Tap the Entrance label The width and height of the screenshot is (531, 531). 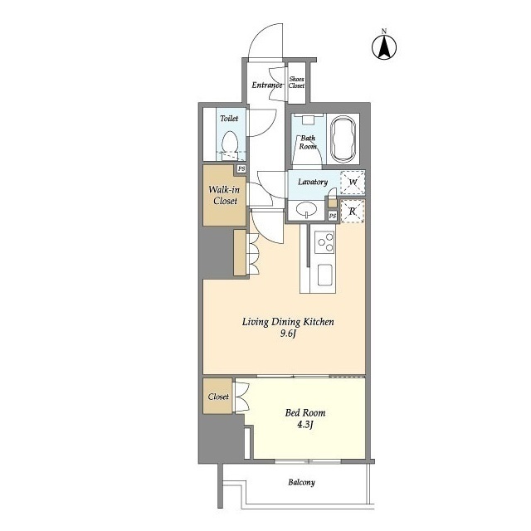[x=267, y=85]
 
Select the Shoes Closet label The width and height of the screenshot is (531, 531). [x=296, y=83]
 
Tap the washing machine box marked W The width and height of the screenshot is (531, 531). [x=353, y=183]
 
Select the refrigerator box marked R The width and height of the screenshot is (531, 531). [x=353, y=211]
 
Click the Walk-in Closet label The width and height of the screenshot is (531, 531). [x=224, y=195]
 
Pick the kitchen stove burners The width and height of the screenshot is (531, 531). [x=324, y=244]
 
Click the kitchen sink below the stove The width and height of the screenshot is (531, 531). [x=324, y=275]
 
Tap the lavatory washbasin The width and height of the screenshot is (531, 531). [x=306, y=209]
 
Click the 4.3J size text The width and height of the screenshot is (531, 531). [x=306, y=426]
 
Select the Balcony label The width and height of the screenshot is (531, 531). [x=301, y=483]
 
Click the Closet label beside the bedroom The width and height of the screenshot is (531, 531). [x=219, y=396]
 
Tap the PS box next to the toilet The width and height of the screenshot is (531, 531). [x=241, y=168]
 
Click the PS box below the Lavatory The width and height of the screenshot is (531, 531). [x=332, y=216]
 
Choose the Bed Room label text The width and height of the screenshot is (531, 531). [x=306, y=412]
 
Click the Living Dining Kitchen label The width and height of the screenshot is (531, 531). [x=288, y=322]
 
